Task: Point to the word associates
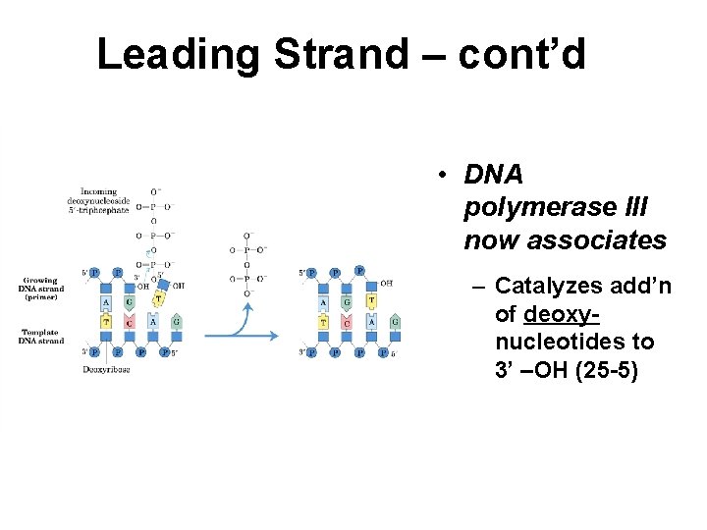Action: (x=565, y=239)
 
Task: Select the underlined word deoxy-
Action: (x=562, y=314)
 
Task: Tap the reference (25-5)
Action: (x=600, y=371)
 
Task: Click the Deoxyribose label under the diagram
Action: (x=107, y=369)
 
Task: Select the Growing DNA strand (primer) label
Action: (x=40, y=289)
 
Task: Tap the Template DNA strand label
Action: (x=40, y=336)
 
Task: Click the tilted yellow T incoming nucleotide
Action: (x=159, y=299)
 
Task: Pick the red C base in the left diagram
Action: (x=130, y=321)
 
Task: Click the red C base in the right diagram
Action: (x=347, y=321)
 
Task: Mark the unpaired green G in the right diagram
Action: (x=395, y=321)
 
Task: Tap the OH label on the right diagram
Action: (x=387, y=283)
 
